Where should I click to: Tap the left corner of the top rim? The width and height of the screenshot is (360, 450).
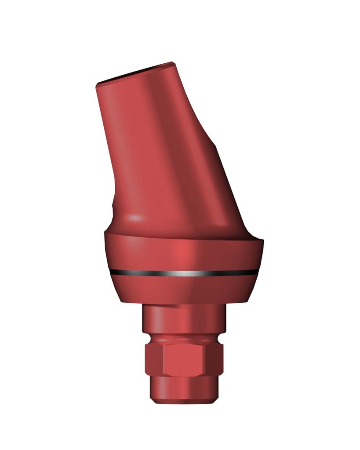click(x=97, y=84)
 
